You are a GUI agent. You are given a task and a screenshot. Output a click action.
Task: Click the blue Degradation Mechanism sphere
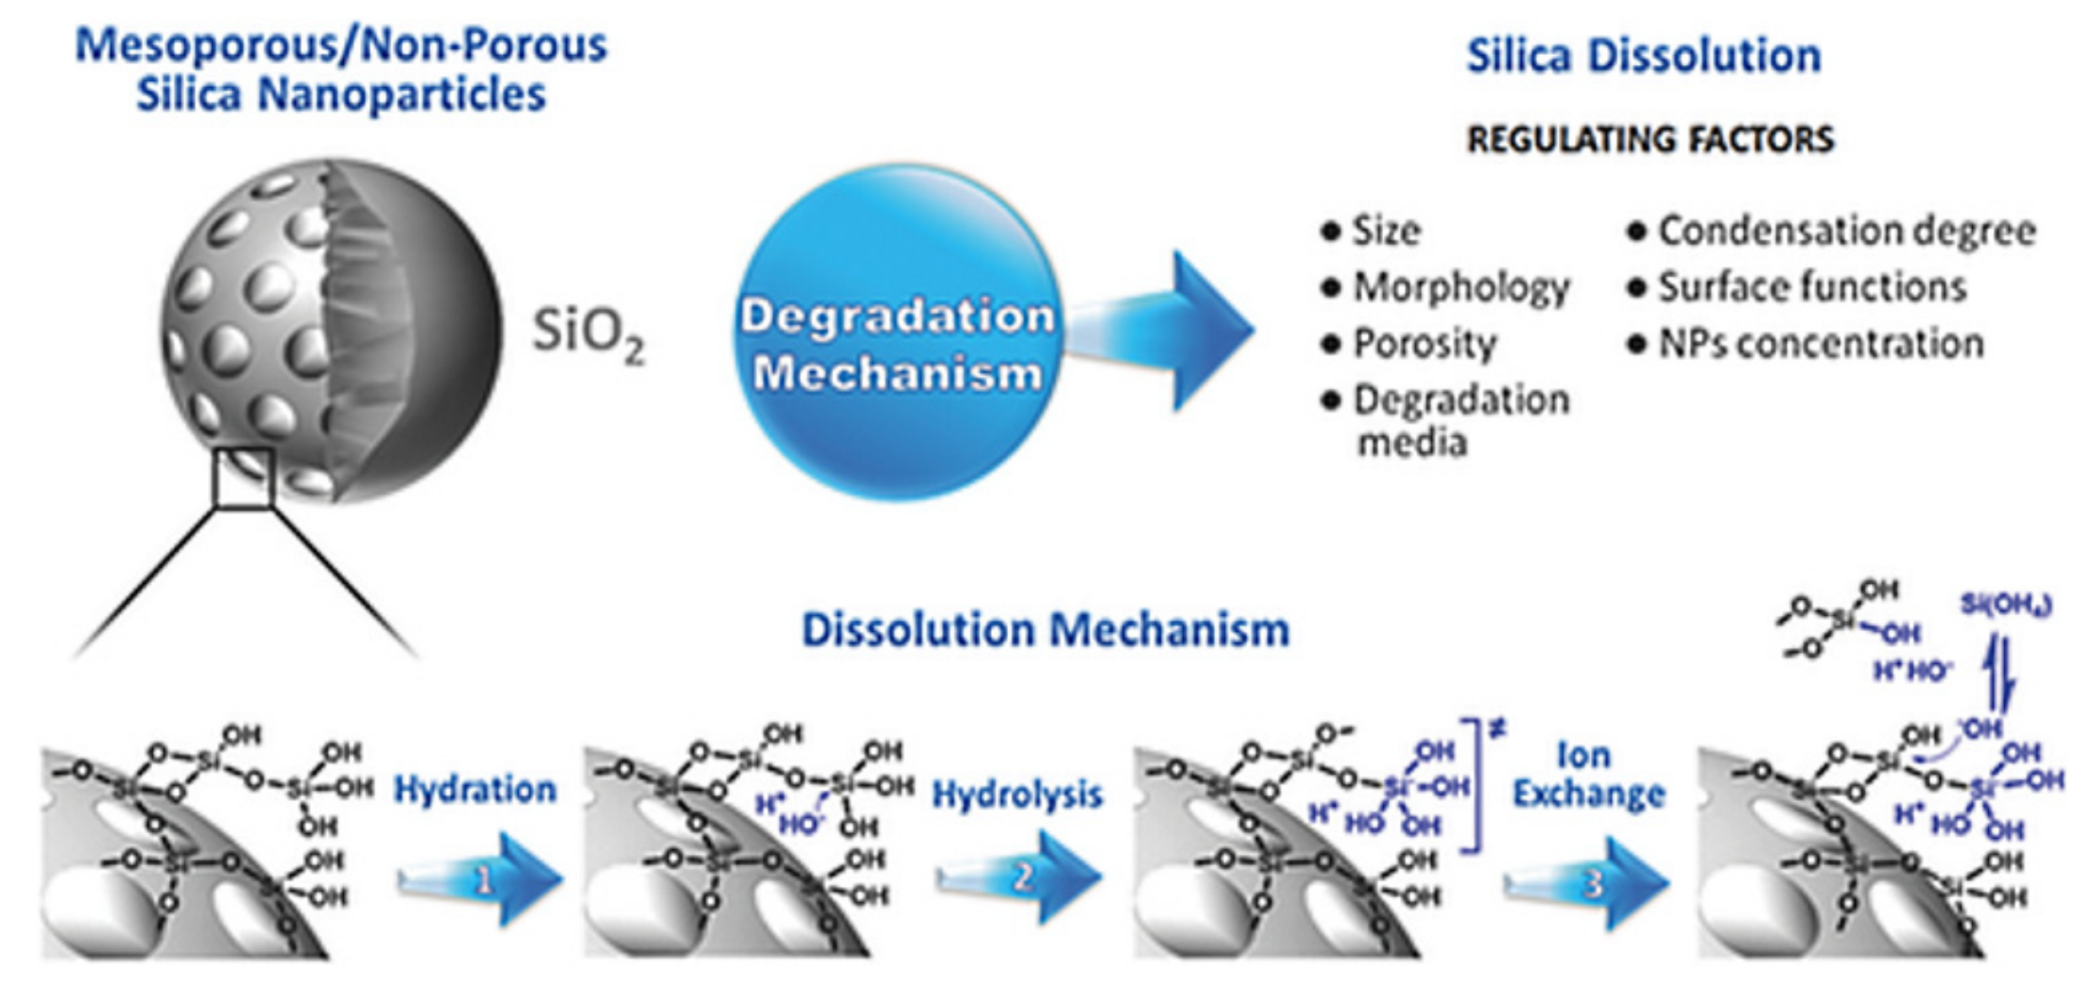tap(897, 334)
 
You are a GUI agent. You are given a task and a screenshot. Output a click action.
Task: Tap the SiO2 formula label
tap(587, 335)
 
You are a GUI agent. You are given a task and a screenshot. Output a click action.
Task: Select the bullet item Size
tap(1386, 231)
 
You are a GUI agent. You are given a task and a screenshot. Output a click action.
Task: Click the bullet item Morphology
tap(1461, 287)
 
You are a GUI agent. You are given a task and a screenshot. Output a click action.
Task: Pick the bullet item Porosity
tap(1425, 344)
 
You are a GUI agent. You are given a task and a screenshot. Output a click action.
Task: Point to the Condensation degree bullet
tap(1846, 231)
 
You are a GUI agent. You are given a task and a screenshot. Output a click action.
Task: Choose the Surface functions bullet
tap(1812, 287)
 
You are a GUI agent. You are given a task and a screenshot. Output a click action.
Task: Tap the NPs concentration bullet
tap(1821, 344)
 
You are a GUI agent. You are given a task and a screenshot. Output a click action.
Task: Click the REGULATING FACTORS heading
tap(1650, 139)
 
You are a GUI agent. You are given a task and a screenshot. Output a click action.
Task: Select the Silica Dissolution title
tap(1643, 57)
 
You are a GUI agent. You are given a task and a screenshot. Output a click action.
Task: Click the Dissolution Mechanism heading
tap(1045, 630)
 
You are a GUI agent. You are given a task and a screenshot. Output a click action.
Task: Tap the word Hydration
tap(475, 790)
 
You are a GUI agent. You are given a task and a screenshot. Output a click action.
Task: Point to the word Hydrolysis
tap(1017, 794)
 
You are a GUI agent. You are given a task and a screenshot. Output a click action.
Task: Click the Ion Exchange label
tap(1588, 776)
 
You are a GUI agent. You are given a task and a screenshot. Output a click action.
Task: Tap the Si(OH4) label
tap(2005, 605)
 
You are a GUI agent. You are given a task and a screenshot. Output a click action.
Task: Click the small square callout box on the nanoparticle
tap(244, 477)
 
